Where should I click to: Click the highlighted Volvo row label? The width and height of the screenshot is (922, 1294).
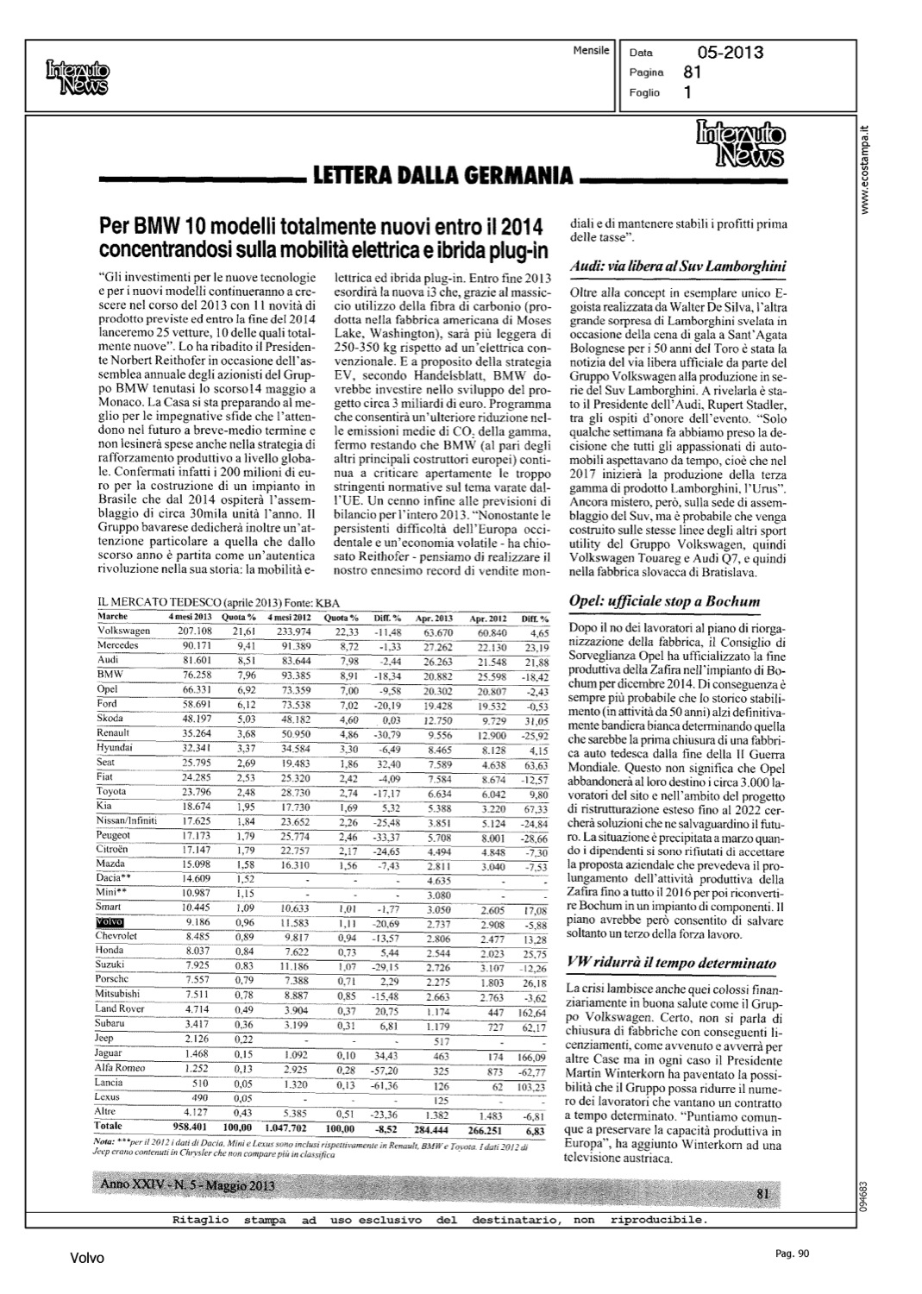pos(111,921)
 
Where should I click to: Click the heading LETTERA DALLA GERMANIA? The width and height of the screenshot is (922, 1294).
pos(443,176)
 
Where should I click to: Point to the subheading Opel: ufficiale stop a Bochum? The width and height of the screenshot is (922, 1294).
pos(664,600)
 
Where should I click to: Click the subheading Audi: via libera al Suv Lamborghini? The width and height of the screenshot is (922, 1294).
pos(678,267)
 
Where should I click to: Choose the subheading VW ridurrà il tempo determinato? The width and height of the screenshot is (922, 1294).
pos(673,962)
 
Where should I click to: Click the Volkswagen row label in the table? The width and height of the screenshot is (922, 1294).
pos(123,631)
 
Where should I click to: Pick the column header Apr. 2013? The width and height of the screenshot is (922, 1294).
pos(435,619)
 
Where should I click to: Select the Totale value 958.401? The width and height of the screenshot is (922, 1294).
pos(191,1126)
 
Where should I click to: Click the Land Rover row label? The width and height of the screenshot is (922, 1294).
pos(119,1008)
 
